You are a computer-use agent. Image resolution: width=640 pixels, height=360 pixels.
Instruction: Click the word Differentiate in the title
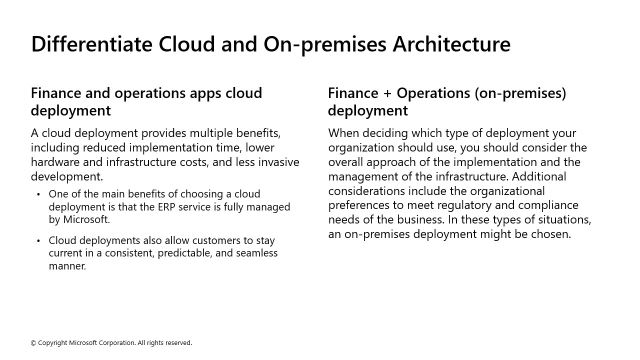pos(91,44)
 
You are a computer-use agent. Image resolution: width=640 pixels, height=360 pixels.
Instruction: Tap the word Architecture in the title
pos(451,44)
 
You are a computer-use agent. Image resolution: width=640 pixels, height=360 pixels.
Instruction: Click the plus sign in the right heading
pos(387,93)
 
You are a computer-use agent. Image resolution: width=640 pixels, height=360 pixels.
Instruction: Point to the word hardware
pos(55,162)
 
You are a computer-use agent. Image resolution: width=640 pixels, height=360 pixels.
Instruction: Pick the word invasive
pos(278,162)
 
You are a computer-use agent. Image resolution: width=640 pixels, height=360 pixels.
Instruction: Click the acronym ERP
pos(166,206)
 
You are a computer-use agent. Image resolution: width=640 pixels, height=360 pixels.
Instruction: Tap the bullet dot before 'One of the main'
pos(38,194)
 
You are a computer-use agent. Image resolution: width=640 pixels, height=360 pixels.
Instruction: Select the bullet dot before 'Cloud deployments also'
pos(38,241)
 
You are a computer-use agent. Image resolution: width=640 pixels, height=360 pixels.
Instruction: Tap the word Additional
pos(539,176)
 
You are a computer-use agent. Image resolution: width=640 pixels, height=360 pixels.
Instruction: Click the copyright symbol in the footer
pos(33,343)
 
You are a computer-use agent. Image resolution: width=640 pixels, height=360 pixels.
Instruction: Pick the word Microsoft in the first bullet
pos(86,219)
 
